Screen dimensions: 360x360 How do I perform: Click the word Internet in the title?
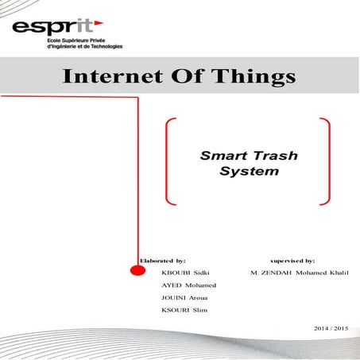click(108, 78)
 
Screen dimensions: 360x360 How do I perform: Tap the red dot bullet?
click(137, 270)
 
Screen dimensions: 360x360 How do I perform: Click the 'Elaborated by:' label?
click(163, 260)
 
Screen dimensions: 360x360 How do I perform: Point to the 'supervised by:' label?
click(292, 260)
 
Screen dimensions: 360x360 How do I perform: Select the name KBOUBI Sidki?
click(184, 273)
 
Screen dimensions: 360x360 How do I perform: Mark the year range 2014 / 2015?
click(331, 327)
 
